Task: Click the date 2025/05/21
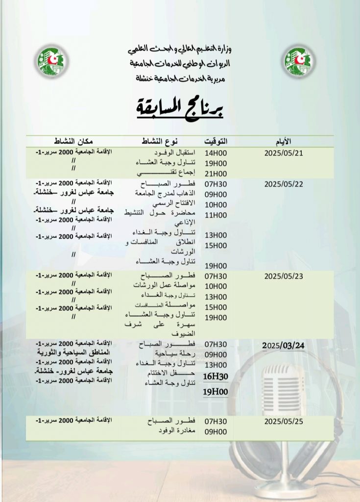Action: point(284,152)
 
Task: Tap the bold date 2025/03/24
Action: point(284,346)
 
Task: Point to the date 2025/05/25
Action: point(284,421)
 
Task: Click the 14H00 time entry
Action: point(216,152)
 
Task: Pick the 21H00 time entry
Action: point(216,174)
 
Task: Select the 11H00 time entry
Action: point(216,215)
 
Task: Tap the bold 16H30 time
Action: point(216,376)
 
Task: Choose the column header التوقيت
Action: point(216,141)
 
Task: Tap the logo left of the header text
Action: point(51,61)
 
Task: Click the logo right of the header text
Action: point(299,61)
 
